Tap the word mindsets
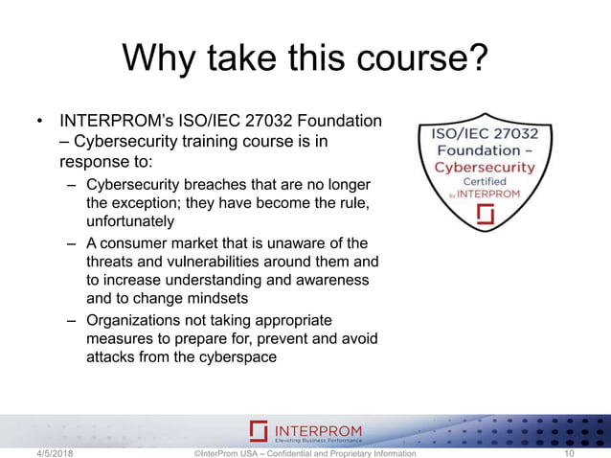(220, 298)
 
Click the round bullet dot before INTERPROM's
(40, 123)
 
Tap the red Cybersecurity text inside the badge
(486, 166)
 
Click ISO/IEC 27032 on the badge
(486, 133)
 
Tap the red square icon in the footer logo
(258, 431)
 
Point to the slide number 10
(571, 452)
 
